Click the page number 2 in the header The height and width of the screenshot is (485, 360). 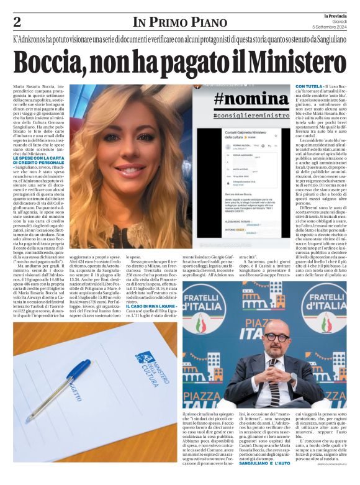tap(17, 22)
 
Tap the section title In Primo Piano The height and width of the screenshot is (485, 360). tap(180, 23)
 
